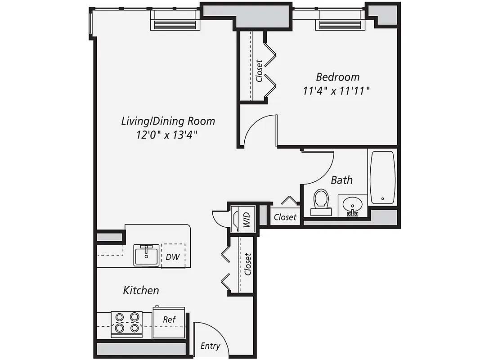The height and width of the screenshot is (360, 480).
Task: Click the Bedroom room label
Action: point(337,76)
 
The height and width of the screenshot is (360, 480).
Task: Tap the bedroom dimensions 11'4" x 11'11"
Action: point(336,91)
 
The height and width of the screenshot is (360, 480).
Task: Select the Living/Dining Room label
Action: point(168,121)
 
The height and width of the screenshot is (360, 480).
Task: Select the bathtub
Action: point(382,177)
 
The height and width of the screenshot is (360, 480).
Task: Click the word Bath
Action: point(342,180)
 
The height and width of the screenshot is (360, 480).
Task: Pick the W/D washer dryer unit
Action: point(243,219)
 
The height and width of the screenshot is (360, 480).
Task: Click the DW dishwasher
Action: point(173,257)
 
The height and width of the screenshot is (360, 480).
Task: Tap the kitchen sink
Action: point(146,256)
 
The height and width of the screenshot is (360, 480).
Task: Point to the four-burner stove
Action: point(126,323)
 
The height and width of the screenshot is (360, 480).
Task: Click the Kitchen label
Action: point(141,290)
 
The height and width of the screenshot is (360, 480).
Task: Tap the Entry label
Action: point(210,346)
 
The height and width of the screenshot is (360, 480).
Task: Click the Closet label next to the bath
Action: point(285,217)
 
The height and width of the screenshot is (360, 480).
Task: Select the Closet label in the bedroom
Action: point(259,71)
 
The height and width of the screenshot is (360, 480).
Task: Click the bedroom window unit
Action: point(340,24)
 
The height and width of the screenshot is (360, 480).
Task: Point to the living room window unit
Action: point(175,24)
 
